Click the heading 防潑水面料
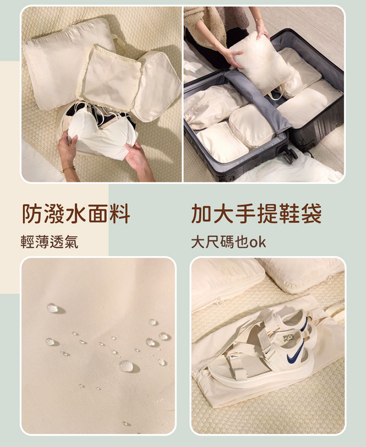(x=76, y=214)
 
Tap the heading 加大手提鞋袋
(x=256, y=213)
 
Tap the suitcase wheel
(x=290, y=155)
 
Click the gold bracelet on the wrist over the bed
(x=69, y=169)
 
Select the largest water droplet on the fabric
(x=126, y=366)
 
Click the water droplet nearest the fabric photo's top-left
(x=53, y=308)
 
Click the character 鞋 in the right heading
(x=289, y=213)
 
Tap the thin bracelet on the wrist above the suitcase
(x=258, y=19)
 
